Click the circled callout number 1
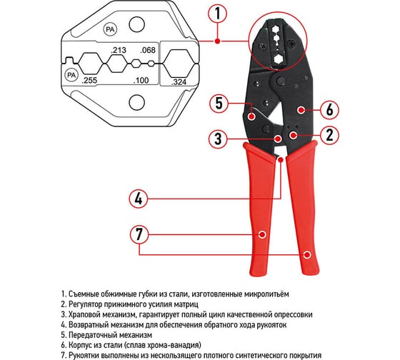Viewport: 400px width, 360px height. tap(218, 14)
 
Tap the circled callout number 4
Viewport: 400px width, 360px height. tap(139, 199)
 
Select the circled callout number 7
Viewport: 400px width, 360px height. tap(139, 234)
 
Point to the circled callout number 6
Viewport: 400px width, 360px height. tap(329, 110)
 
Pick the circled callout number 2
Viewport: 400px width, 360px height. tap(329, 135)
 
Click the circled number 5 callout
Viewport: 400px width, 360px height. tap(219, 104)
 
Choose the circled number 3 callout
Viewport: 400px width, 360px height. tap(218, 139)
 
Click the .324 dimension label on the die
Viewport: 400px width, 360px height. tap(179, 82)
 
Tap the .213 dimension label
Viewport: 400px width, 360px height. tap(119, 50)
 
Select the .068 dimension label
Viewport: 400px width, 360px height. tap(148, 50)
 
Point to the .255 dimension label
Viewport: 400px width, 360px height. tap(89, 81)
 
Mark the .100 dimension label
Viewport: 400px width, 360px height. tap(141, 81)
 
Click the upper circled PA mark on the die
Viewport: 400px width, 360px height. tap(110, 29)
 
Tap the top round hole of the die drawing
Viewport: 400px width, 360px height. tap(136, 25)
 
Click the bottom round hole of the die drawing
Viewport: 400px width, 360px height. tap(137, 102)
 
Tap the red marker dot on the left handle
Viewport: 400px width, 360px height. tap(261, 234)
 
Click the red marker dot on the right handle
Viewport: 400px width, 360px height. tap(307, 254)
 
